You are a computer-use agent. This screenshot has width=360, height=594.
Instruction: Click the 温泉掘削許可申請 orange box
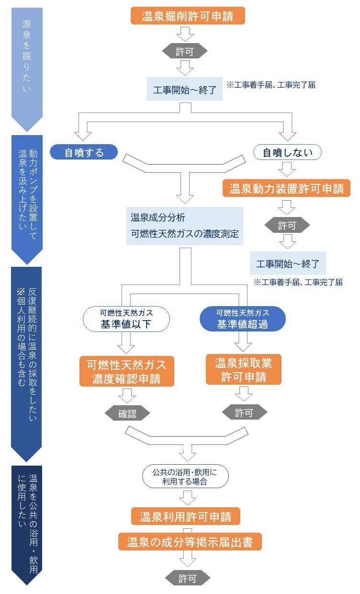click(188, 16)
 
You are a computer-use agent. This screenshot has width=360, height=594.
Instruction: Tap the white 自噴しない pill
click(287, 152)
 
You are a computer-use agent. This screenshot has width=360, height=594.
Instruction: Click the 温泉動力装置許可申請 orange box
click(286, 188)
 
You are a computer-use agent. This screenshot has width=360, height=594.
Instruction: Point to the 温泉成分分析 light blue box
click(184, 226)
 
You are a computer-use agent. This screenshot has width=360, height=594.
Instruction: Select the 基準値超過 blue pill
click(242, 319)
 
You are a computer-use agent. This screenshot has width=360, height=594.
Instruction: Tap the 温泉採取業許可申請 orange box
click(243, 369)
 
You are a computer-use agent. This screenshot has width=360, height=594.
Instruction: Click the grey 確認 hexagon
click(127, 413)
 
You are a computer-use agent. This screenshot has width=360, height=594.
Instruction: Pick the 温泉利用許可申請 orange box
click(186, 517)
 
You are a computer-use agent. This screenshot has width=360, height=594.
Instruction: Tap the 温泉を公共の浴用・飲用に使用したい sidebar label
click(27, 522)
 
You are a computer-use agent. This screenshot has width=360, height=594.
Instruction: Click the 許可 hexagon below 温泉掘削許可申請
click(185, 51)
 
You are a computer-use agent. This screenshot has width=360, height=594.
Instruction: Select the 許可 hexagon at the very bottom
click(188, 578)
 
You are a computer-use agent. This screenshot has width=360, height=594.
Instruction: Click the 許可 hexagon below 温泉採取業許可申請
click(244, 412)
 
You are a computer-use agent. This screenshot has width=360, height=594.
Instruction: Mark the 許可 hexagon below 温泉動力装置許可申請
click(287, 225)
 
